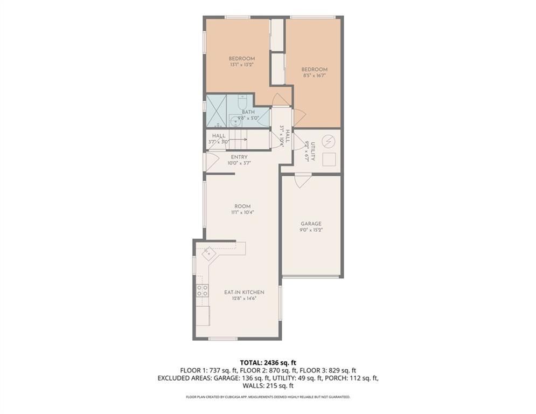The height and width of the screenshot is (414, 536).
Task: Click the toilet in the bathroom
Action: [242, 102]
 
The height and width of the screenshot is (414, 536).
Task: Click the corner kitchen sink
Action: [209, 252]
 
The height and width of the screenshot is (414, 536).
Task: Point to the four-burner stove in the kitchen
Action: [203, 291]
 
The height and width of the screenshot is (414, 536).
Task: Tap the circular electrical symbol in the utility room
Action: [327, 141]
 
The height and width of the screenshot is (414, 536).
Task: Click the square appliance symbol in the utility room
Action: [328, 159]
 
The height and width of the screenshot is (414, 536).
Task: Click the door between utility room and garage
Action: [303, 180]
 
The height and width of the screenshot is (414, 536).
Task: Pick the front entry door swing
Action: [211, 160]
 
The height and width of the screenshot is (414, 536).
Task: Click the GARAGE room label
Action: [311, 223]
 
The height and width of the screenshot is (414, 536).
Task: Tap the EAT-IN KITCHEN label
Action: [244, 292]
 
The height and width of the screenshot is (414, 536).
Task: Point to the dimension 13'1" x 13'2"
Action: [241, 64]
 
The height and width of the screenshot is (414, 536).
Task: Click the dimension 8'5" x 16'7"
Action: [314, 75]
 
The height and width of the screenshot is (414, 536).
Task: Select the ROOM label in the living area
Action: [242, 206]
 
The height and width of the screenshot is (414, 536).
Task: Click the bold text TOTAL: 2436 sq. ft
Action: [268, 362]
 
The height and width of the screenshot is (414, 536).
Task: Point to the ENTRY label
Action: [239, 157]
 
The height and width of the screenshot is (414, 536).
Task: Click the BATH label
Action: [248, 112]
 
